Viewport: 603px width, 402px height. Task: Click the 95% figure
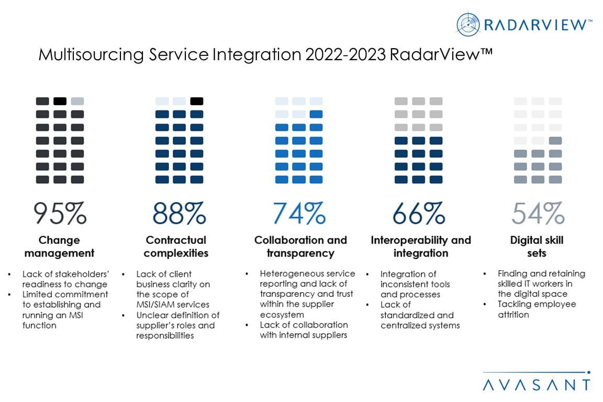coord(60,213)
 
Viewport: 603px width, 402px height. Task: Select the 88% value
coord(179,213)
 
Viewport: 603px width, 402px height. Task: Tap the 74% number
coord(299,213)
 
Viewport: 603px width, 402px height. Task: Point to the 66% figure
coord(418,213)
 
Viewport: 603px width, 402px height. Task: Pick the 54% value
coord(538,213)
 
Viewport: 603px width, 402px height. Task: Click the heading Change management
coord(59,247)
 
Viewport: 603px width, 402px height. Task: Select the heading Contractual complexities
coord(176,247)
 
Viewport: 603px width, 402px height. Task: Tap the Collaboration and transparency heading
coord(300,247)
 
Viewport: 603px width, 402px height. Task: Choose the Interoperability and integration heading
coord(421,247)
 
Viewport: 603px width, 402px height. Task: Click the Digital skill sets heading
coord(537,247)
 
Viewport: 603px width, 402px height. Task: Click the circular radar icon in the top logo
coord(468,25)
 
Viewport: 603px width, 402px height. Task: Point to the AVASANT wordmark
coord(536,385)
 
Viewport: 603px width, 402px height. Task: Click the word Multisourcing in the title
coord(86,54)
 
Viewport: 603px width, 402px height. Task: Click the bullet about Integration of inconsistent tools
coord(415,284)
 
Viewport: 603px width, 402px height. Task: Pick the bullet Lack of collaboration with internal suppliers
coord(304,330)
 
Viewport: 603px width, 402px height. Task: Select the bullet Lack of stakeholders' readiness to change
coord(65,278)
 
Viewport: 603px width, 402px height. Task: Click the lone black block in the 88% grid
coord(197,101)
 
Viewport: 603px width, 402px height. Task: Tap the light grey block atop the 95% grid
coord(77,101)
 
